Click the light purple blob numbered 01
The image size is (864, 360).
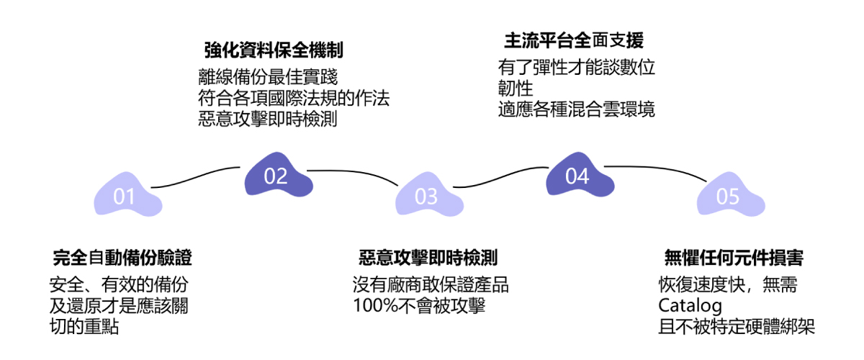[125, 196]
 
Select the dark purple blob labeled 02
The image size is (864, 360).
[276, 176]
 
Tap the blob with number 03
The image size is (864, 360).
[426, 196]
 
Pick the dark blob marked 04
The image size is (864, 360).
[577, 176]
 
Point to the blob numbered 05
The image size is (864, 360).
[728, 196]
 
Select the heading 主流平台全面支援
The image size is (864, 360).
[573, 40]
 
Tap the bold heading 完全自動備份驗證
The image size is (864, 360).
[122, 258]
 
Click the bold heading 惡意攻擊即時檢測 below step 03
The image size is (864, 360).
[428, 258]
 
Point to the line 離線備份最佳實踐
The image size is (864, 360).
[268, 77]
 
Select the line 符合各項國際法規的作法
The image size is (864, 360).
[294, 98]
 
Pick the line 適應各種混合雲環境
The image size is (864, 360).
[576, 110]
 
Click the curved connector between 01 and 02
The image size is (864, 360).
[198, 178]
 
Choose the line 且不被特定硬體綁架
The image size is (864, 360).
[737, 327]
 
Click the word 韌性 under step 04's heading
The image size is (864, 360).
[515, 89]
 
